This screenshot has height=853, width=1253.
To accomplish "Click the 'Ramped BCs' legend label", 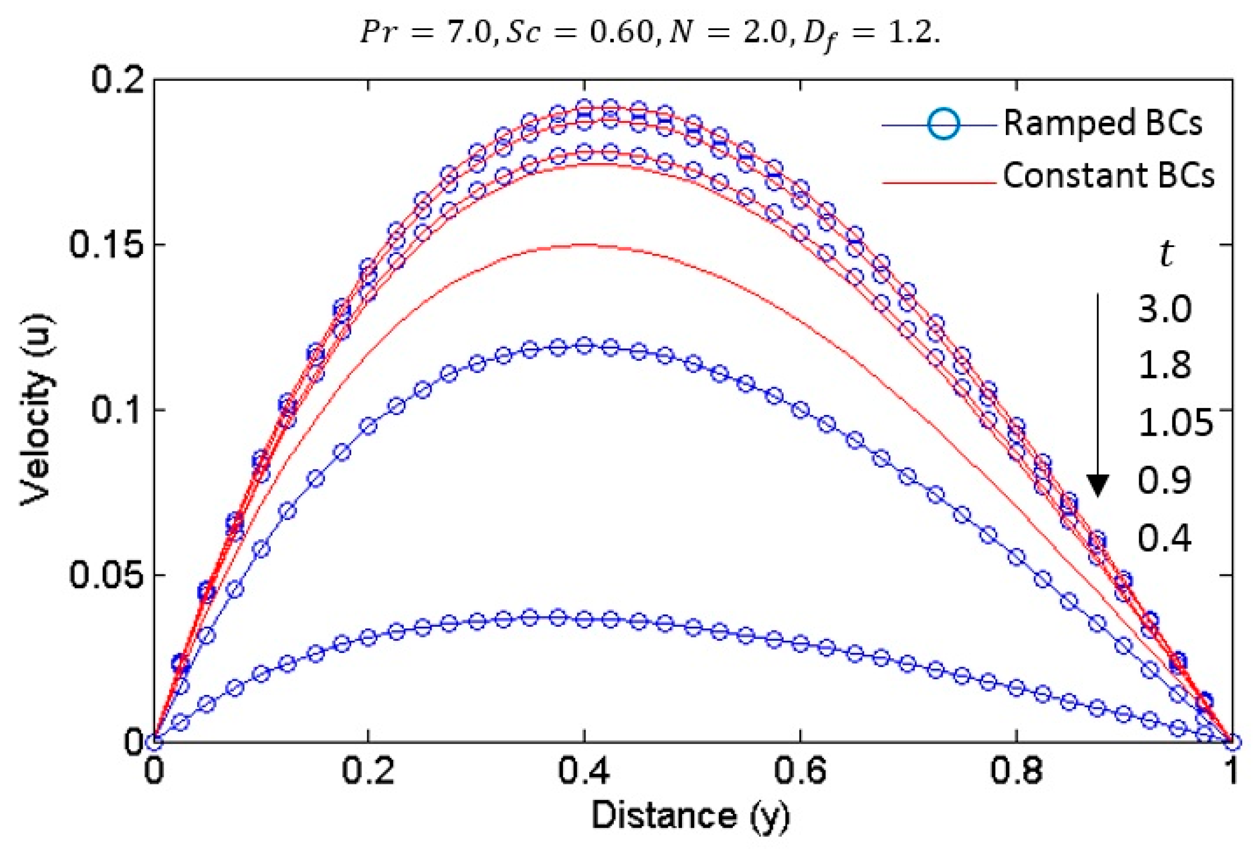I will point(1102,123).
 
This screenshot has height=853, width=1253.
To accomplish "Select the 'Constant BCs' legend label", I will point(1108,175).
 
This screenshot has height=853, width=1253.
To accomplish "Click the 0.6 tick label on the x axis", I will point(800,772).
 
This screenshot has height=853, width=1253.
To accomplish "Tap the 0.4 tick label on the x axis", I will point(583,772).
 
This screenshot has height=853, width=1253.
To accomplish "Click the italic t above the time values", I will point(1165,255).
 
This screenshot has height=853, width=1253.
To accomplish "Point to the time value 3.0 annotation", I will point(1164,310).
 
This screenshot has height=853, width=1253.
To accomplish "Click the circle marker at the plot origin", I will point(154,742).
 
